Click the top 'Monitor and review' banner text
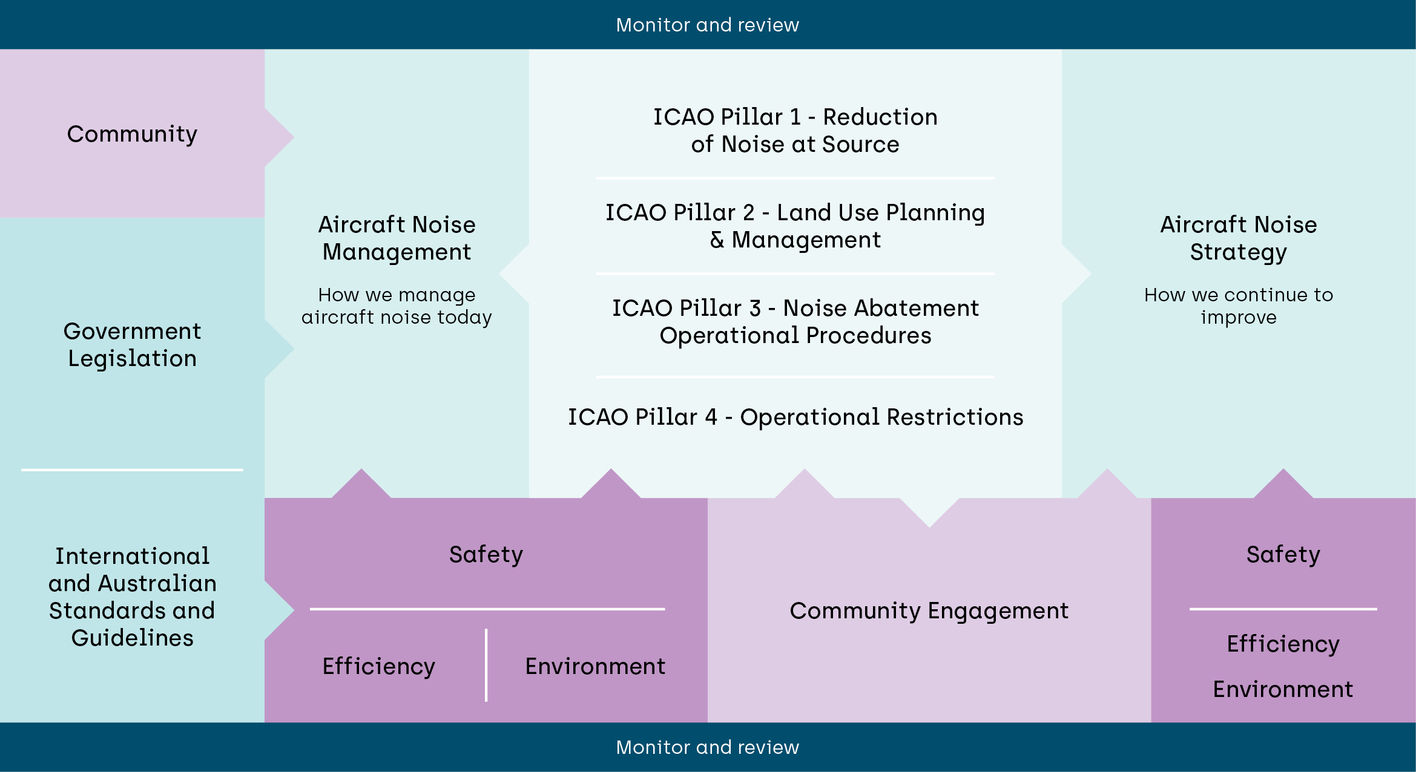[707, 25]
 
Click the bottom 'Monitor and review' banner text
[707, 747]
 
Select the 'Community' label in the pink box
[132, 134]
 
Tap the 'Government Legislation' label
[132, 345]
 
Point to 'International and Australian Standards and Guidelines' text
[132, 597]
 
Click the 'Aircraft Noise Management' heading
[397, 238]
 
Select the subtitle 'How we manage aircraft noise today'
[397, 306]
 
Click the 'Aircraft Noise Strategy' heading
[1238, 238]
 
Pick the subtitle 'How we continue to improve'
[1238, 306]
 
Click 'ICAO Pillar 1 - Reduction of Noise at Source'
[795, 131]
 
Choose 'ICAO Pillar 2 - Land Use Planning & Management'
[795, 226]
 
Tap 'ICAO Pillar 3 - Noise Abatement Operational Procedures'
[795, 322]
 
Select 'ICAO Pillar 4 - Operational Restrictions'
[795, 417]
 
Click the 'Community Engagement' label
[929, 611]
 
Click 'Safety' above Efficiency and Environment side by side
[486, 555]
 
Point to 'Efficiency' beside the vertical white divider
[378, 667]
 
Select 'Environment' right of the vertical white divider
[594, 667]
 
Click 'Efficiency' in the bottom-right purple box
[1283, 644]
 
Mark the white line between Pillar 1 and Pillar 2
[795, 178]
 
